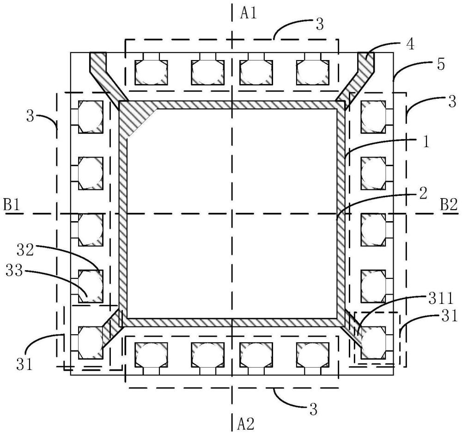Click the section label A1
coord(249,13)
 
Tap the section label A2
coord(246,424)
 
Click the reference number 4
coord(410,44)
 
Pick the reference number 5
coord(440,65)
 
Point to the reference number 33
coord(14,270)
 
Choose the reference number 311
coord(440,300)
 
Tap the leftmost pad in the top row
coord(151,72)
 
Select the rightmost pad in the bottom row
coord(313,355)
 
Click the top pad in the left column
coord(91,117)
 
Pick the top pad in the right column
coord(373,117)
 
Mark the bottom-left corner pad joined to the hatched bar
coord(91,343)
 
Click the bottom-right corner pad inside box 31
coord(373,343)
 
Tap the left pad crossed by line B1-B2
coord(91,230)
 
